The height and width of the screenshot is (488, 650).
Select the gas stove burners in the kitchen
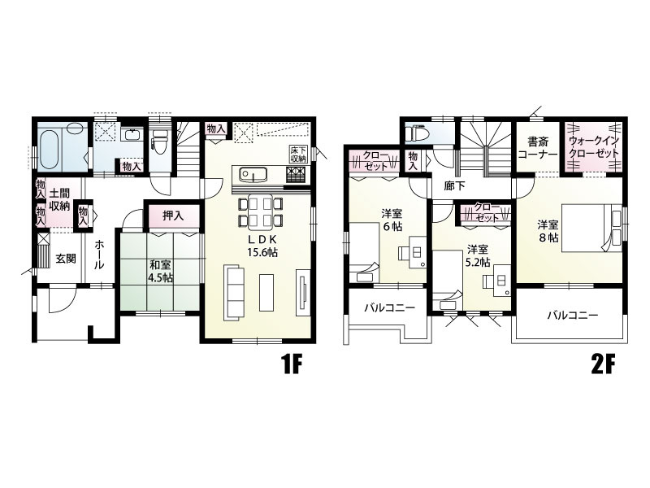tap(295, 175)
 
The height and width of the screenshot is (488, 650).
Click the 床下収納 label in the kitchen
tap(297, 154)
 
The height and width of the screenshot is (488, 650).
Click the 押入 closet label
tap(173, 216)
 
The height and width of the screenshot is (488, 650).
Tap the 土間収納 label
tap(59, 199)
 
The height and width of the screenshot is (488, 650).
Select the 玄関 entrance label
tap(66, 259)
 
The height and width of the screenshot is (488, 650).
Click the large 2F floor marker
tap(604, 365)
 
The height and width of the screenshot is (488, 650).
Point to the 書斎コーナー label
tap(538, 148)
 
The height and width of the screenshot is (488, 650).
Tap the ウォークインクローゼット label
tap(594, 146)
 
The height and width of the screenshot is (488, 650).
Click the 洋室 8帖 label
tap(548, 231)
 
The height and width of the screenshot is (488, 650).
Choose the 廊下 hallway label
tap(455, 186)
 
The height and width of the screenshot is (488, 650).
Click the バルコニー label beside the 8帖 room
tap(573, 316)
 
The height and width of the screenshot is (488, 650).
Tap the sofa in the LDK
tap(234, 293)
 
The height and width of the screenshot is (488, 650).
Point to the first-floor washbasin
tap(132, 135)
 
